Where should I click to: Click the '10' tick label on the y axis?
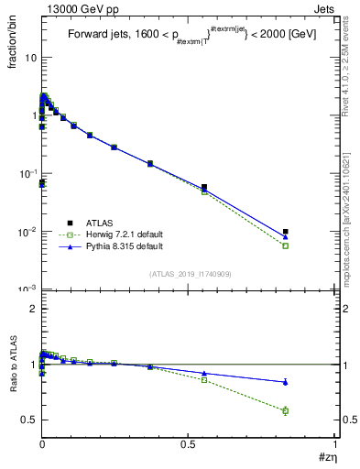(x=30, y=58)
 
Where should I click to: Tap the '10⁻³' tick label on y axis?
(x=28, y=289)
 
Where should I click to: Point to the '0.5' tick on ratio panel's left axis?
(x=30, y=420)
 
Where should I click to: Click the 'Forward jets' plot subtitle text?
(x=96, y=35)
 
